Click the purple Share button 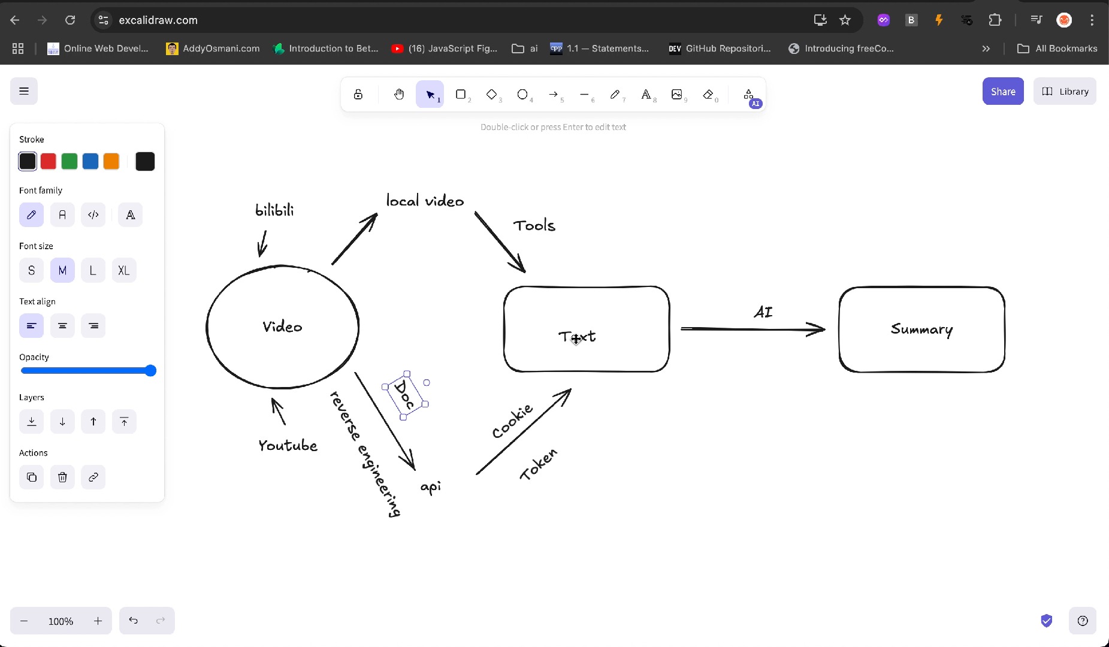tap(1002, 92)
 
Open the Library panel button tap(1065, 92)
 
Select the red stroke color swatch tap(49, 161)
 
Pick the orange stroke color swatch tap(111, 161)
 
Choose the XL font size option tap(124, 270)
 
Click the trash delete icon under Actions tap(62, 477)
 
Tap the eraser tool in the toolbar tap(708, 95)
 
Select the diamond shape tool tap(491, 95)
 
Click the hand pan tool tap(399, 95)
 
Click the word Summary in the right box tap(921, 329)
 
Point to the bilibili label tap(274, 210)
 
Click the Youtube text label tap(288, 446)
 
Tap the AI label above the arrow tap(763, 312)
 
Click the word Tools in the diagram tap(534, 226)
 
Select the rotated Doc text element tap(405, 395)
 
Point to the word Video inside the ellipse tap(282, 327)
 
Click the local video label tap(425, 201)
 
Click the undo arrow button tap(133, 621)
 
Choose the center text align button tap(62, 326)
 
